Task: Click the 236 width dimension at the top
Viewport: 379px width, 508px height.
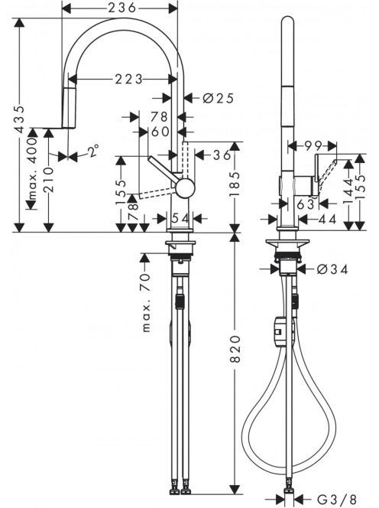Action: click(x=122, y=8)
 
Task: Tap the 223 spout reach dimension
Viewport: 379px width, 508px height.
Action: click(x=129, y=79)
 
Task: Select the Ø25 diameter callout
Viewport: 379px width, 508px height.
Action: click(x=219, y=98)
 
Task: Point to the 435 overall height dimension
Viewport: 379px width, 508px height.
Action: click(x=20, y=119)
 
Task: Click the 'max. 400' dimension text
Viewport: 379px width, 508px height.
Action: click(x=32, y=168)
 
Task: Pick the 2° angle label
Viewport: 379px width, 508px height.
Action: click(x=93, y=151)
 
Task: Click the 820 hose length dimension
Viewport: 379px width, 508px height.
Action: click(x=235, y=349)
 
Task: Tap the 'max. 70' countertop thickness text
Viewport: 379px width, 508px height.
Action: click(x=146, y=303)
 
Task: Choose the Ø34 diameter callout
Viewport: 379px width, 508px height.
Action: click(x=332, y=269)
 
